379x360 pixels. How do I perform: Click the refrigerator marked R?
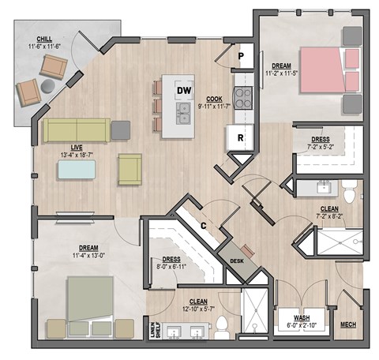(239, 137)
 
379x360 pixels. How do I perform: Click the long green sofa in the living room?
(76, 129)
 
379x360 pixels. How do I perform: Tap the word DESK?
(236, 261)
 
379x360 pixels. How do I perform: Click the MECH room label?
(347, 324)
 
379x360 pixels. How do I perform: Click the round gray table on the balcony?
(50, 85)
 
